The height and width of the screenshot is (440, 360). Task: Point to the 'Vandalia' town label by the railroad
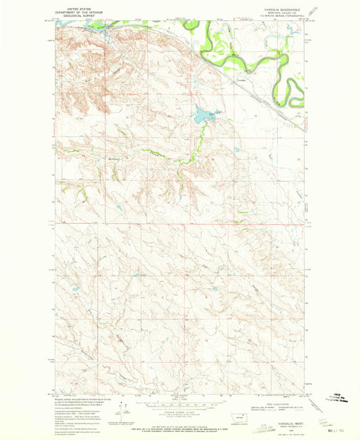point(242,80)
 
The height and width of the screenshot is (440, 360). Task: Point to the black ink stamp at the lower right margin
point(338,413)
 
